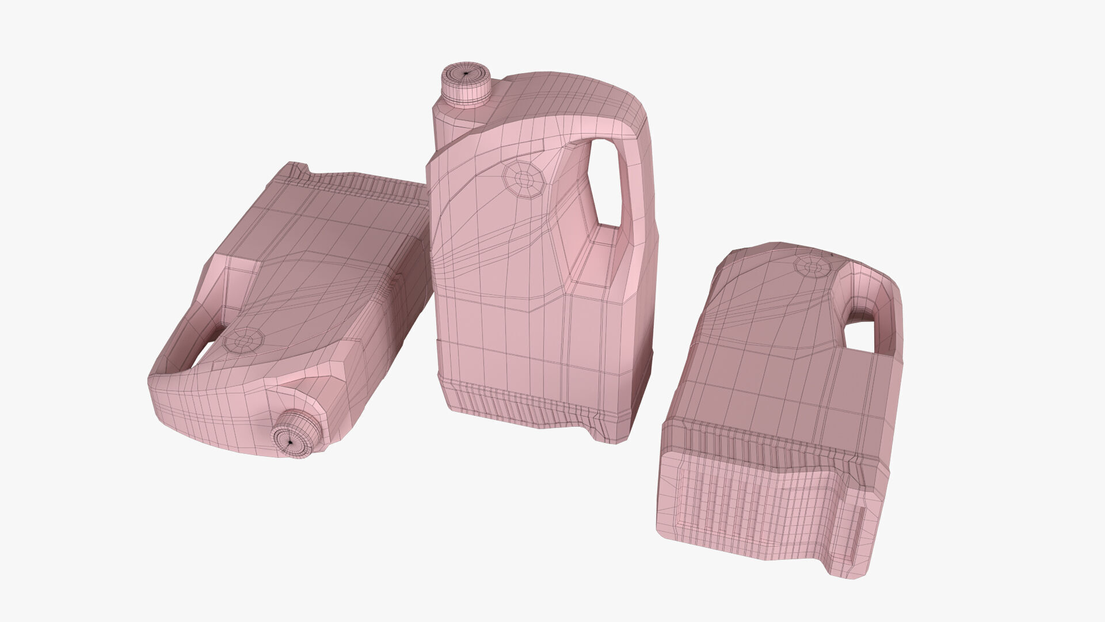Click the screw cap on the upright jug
click(466, 86)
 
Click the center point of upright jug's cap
click(465, 74)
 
